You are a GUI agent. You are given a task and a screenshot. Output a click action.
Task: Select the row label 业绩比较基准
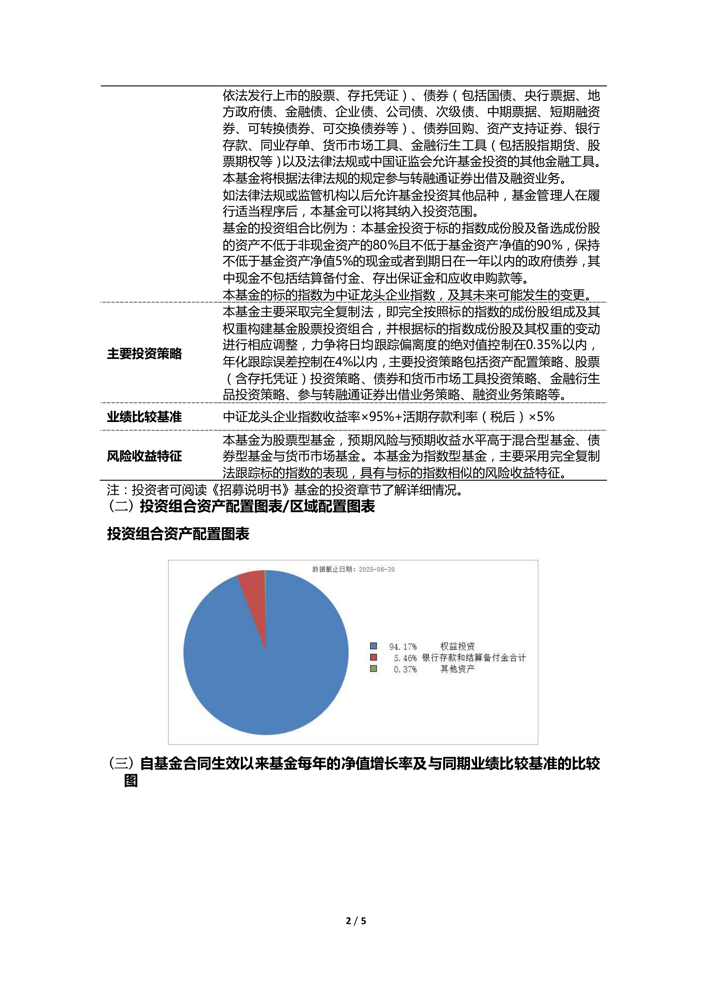[144, 417]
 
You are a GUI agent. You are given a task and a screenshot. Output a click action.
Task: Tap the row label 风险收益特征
[144, 456]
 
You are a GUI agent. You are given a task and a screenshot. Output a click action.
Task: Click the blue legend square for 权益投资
[373, 646]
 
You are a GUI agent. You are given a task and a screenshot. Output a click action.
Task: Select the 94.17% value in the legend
[403, 647]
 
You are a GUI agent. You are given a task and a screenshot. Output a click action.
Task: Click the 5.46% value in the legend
[405, 658]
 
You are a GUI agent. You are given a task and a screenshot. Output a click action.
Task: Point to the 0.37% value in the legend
[405, 669]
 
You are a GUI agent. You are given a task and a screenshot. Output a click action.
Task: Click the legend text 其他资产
[457, 669]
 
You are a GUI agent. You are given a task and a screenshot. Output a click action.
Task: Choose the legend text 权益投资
[457, 646]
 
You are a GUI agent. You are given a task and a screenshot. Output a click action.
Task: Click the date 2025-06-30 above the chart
[377, 570]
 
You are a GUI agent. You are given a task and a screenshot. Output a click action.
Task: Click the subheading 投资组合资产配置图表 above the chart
[178, 534]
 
